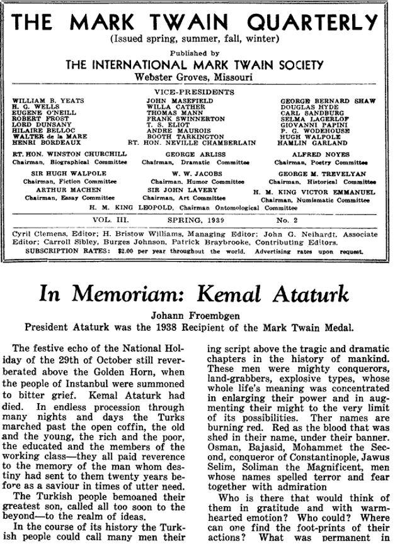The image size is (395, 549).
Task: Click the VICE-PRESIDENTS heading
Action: (197, 92)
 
